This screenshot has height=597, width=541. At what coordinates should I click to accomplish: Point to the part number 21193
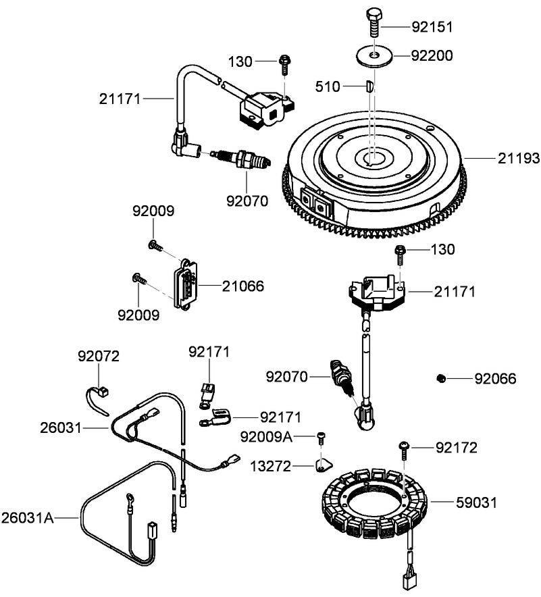[519, 158]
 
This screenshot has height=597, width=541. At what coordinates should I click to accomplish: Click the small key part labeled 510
[368, 86]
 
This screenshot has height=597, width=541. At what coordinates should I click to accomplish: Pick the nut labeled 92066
[440, 378]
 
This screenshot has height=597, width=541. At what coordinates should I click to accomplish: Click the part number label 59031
[477, 502]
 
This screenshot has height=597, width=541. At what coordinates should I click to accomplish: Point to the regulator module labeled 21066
[186, 288]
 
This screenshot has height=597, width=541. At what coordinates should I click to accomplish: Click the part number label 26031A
[27, 517]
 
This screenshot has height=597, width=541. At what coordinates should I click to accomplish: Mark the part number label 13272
[272, 466]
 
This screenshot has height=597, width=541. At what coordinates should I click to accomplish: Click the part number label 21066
[243, 286]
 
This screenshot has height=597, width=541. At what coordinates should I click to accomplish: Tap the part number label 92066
[494, 379]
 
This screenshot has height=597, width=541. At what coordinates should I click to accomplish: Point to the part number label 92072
[98, 355]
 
